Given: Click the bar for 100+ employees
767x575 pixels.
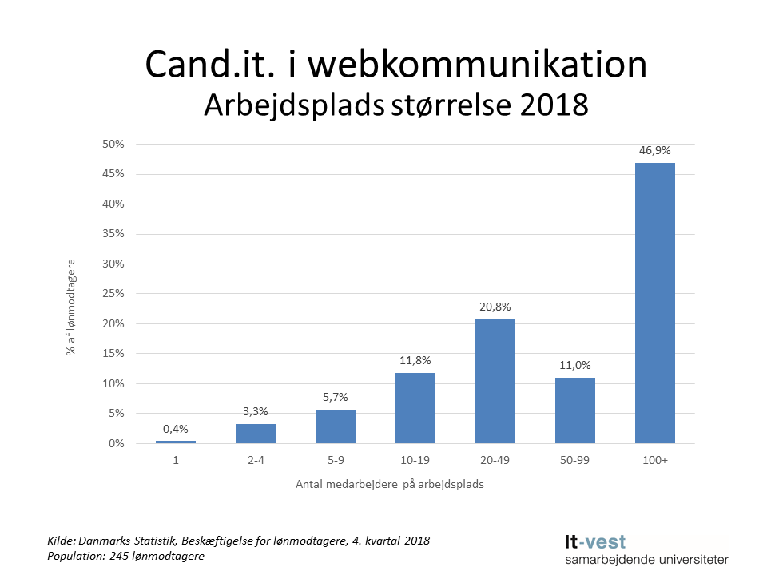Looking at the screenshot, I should [654, 303].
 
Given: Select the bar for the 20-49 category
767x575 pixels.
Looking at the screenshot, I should [495, 381].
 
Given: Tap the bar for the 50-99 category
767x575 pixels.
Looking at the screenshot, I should [574, 410].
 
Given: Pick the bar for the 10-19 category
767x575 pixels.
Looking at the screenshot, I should [415, 408].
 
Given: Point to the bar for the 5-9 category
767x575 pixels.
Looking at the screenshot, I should [335, 426].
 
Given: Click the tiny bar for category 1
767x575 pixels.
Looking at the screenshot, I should [175, 442].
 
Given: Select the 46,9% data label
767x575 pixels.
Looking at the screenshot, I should [654, 149].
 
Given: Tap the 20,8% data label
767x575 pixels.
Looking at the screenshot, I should [495, 306].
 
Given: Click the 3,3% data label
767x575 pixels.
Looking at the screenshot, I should [255, 410].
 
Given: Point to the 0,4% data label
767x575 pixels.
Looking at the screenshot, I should [175, 428].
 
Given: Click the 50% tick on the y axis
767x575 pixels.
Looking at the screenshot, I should [113, 145].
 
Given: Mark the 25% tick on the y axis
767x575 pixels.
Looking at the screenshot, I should [113, 294].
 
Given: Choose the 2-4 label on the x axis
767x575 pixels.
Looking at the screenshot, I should [255, 461].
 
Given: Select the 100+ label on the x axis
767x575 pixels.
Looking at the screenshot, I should [654, 461].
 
